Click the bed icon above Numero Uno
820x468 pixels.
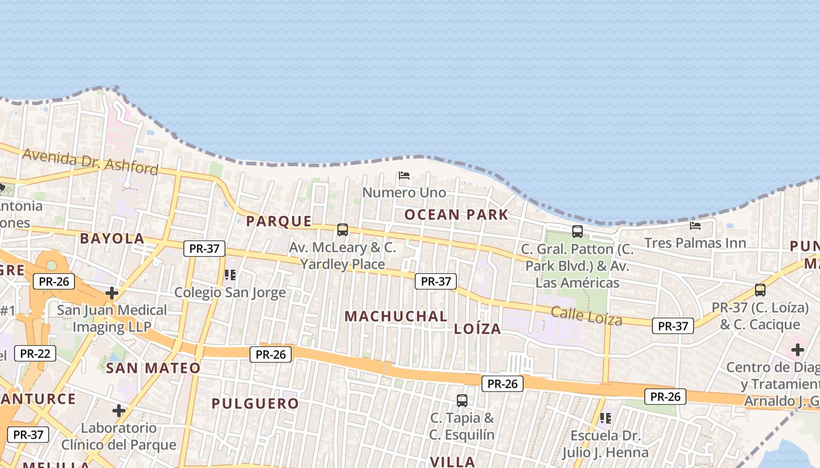[x=404, y=175]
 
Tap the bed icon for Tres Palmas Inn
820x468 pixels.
[x=695, y=225]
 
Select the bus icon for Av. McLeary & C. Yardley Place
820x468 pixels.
[x=343, y=230]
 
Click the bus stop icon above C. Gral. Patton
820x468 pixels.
[x=578, y=231]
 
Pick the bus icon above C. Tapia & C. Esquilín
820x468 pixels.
[x=462, y=401]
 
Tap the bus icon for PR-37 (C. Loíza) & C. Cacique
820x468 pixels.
[x=760, y=290]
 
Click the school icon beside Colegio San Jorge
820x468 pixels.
[x=230, y=274]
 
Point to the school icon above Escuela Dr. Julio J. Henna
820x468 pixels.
[x=606, y=418]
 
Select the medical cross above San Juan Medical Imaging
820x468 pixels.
[x=112, y=292]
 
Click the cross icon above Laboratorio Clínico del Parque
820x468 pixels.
[x=119, y=411]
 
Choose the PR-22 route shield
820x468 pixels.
[x=35, y=353]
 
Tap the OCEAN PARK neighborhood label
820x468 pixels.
[x=456, y=215]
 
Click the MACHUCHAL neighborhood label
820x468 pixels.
[x=396, y=316]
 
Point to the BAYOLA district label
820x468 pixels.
[x=112, y=238]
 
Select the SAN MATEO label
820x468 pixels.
[x=153, y=368]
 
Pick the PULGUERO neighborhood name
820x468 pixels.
[x=255, y=404]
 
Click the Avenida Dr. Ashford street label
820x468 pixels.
[x=90, y=162]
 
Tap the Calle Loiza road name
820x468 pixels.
[x=586, y=315]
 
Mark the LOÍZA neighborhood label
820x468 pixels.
[x=477, y=329]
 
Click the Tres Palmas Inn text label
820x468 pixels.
[x=695, y=243]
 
